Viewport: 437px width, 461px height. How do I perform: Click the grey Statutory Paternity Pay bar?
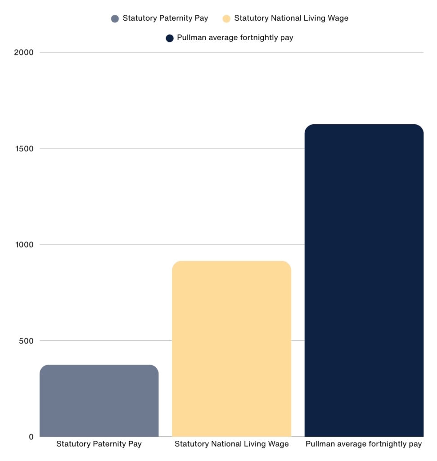click(99, 400)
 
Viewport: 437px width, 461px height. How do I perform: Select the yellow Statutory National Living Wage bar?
click(231, 348)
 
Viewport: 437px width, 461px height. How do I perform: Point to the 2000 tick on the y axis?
click(24, 52)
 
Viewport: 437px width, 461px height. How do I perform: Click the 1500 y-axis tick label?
click(24, 149)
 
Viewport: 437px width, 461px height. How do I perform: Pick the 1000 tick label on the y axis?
click(24, 244)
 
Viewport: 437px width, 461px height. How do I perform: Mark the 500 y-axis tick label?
click(26, 341)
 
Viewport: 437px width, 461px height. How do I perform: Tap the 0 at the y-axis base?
click(31, 437)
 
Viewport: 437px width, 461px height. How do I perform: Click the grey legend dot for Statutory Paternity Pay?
click(115, 18)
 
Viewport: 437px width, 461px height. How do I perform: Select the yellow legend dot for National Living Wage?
click(226, 18)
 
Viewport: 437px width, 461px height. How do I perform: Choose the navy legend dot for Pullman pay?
click(170, 38)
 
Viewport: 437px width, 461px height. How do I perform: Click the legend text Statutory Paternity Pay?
click(165, 18)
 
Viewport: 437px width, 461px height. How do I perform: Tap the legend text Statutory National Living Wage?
click(291, 18)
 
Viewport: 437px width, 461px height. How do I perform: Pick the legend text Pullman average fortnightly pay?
click(235, 38)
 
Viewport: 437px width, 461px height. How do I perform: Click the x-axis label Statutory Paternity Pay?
click(99, 444)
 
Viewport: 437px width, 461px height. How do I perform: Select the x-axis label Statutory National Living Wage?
click(231, 444)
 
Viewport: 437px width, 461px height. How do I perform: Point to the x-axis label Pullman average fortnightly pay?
click(364, 444)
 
